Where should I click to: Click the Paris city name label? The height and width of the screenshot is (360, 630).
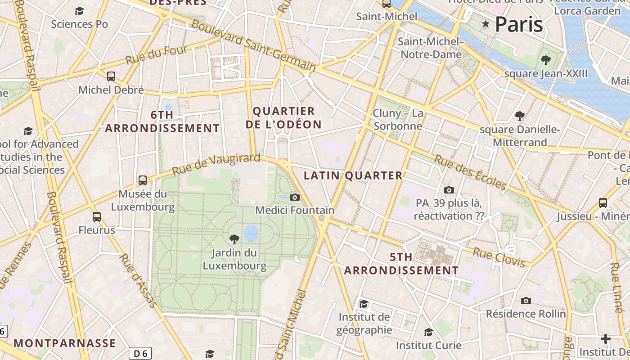click(x=519, y=24)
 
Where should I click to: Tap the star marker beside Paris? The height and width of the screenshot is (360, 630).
click(x=486, y=24)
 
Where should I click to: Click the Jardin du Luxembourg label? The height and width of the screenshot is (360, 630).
click(x=234, y=259)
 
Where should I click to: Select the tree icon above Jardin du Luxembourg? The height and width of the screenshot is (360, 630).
click(x=234, y=239)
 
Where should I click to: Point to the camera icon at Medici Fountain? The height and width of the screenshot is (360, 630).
click(x=295, y=197)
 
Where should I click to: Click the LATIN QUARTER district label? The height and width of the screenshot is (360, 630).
click(x=353, y=175)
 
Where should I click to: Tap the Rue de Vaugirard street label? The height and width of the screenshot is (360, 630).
click(x=216, y=164)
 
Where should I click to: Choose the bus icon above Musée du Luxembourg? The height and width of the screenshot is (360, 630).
click(x=143, y=180)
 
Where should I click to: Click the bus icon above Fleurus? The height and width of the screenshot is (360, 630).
click(x=97, y=217)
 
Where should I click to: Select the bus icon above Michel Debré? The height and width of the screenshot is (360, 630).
click(x=111, y=76)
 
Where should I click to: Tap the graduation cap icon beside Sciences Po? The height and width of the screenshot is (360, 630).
click(x=80, y=11)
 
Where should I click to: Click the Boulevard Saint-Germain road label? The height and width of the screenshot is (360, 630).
click(x=253, y=45)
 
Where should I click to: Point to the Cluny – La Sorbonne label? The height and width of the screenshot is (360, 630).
click(x=398, y=119)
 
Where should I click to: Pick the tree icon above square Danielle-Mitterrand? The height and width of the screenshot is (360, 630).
click(x=520, y=116)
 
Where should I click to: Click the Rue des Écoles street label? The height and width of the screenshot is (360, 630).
click(x=470, y=172)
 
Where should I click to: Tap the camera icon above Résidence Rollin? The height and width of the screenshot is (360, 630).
click(x=526, y=301)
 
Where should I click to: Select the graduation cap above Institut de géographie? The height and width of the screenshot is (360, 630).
click(x=364, y=304)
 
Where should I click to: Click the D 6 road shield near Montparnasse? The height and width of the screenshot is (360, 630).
click(x=140, y=353)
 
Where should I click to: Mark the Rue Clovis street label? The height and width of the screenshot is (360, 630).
click(x=499, y=257)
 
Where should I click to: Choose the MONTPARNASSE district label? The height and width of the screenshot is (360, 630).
click(x=65, y=343)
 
